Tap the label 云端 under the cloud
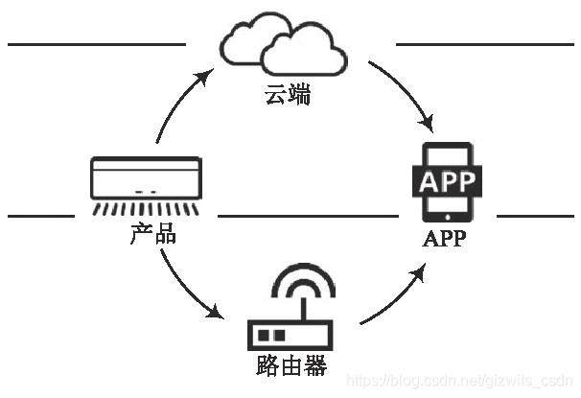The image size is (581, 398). click(289, 95)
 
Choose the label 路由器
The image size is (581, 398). click(291, 365)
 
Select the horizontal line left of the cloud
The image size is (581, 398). click(96, 44)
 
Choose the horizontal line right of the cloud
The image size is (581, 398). click(484, 44)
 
